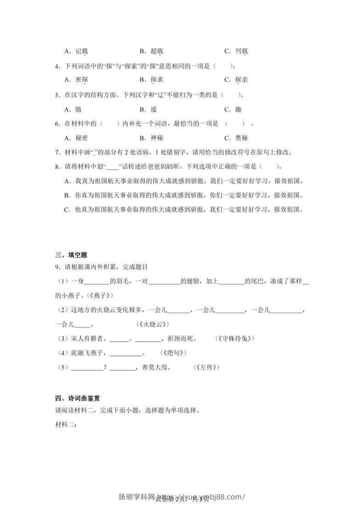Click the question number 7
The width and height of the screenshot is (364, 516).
coord(57,152)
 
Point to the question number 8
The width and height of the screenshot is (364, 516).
coord(57,166)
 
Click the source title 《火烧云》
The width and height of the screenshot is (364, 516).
coord(153,324)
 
